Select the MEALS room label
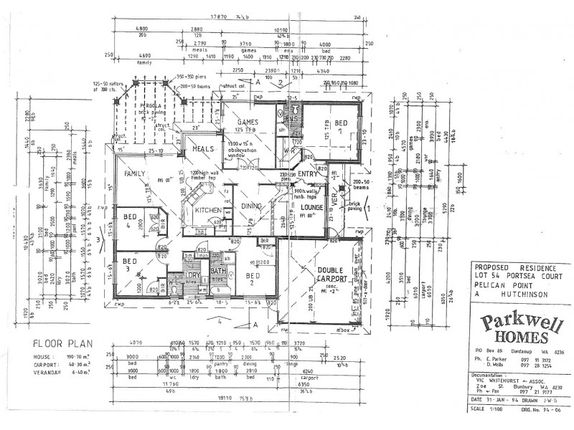203,149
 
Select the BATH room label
218,271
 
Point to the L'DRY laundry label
194,274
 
